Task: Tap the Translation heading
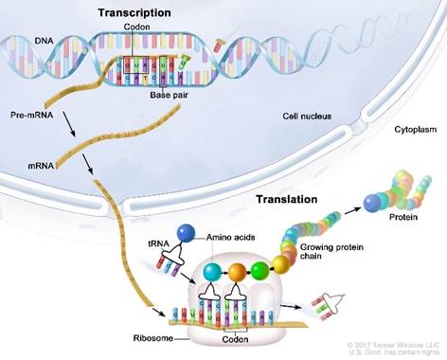click(x=288, y=200)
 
